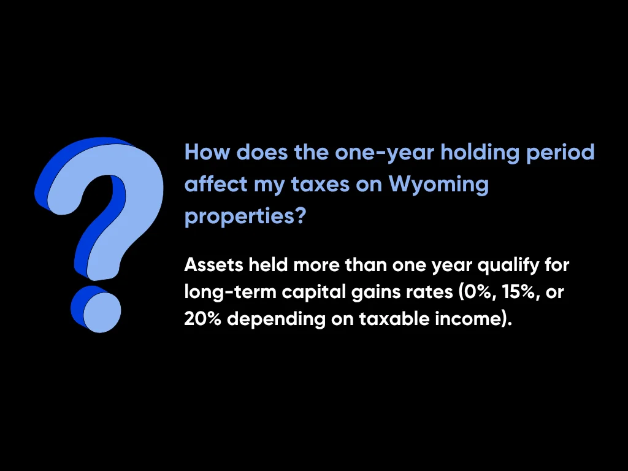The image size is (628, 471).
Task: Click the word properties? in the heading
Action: point(245,216)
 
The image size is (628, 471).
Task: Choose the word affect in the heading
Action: point(214,183)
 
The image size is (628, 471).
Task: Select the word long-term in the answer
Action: point(231,293)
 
